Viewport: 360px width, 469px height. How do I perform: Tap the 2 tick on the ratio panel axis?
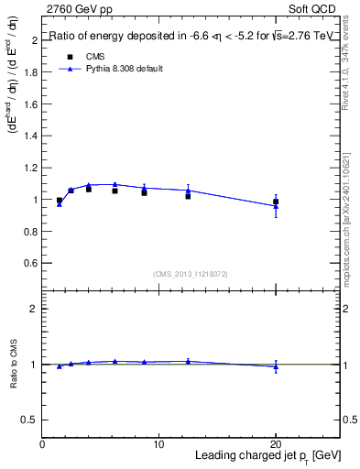(35, 309)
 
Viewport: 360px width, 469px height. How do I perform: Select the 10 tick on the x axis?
(158, 444)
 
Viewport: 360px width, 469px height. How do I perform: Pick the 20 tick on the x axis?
(275, 444)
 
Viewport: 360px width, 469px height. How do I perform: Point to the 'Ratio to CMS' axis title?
(13, 364)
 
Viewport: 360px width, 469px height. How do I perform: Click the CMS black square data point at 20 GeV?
(276, 202)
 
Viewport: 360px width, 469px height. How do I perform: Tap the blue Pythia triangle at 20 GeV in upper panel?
(276, 206)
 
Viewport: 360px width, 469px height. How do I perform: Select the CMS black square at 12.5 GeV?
(188, 196)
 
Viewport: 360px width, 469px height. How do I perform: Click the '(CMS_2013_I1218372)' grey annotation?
(191, 274)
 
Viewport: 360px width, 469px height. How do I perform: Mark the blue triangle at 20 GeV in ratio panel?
(276, 367)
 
